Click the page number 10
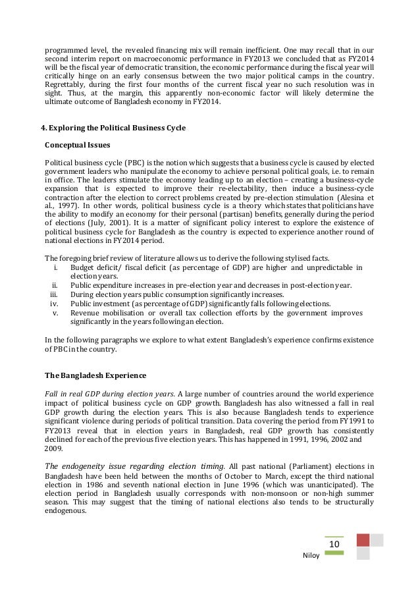[x=334, y=545]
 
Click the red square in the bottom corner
[x=363, y=540]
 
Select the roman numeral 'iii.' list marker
[x=56, y=294]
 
